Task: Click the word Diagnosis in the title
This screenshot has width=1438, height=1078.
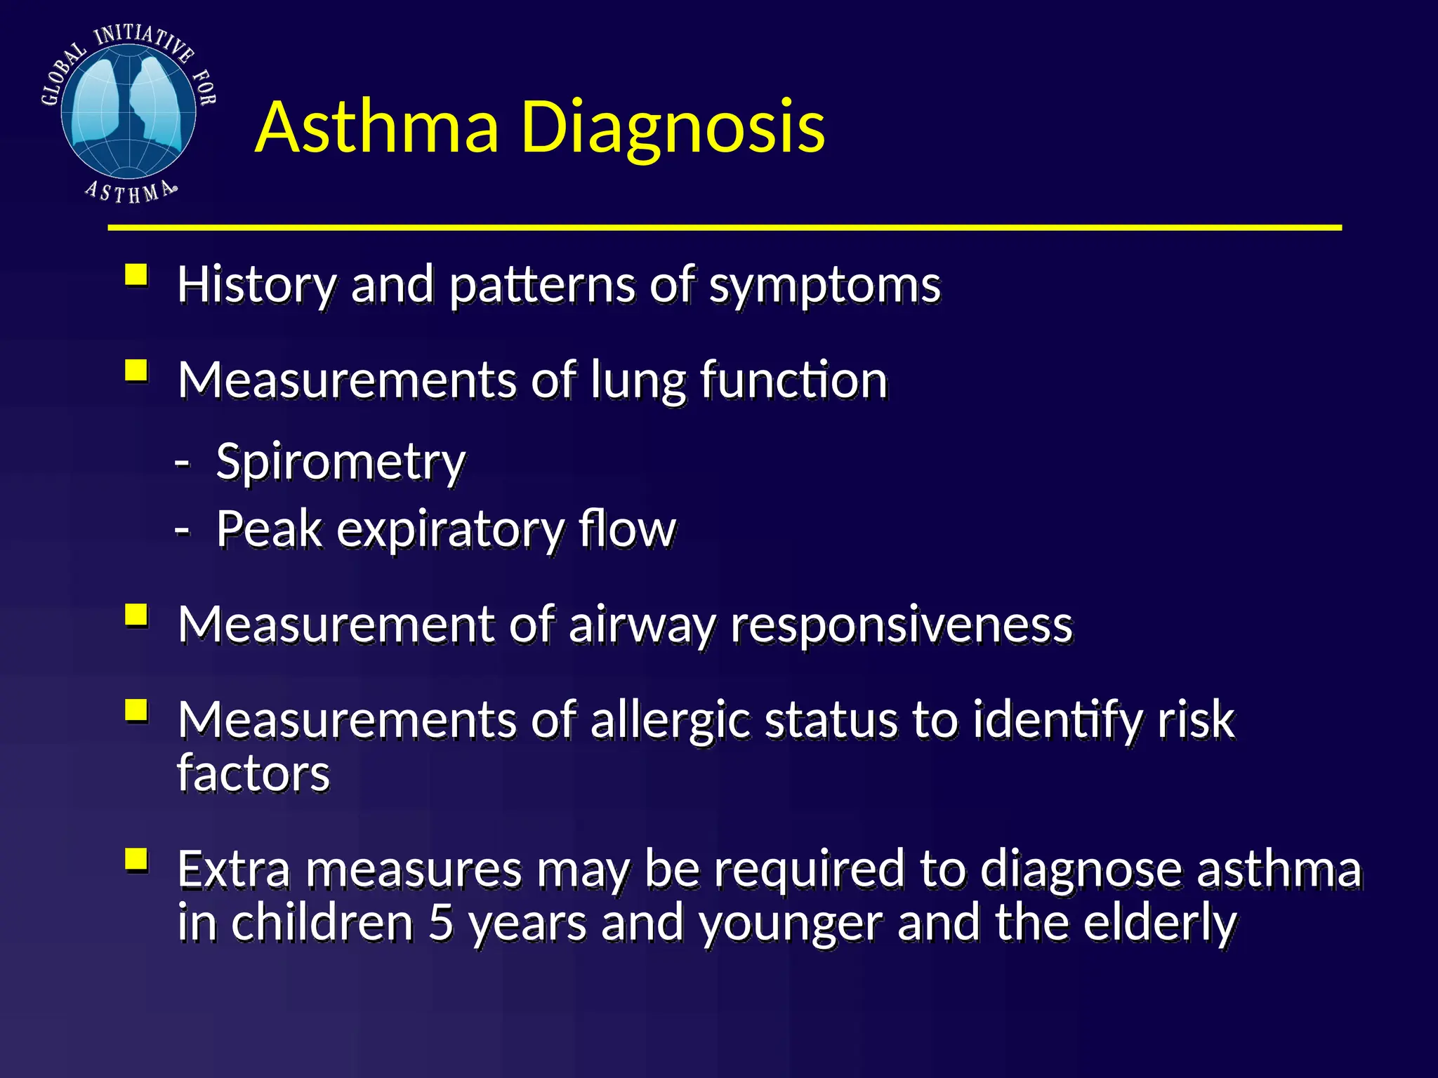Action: point(673,128)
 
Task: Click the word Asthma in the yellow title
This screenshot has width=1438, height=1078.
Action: point(377,128)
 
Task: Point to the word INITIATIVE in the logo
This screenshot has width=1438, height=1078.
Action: point(143,41)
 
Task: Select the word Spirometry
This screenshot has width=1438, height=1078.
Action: point(341,463)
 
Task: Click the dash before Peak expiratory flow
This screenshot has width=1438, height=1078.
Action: point(182,530)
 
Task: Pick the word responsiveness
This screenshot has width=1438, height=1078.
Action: point(902,624)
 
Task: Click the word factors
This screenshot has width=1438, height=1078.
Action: point(253,773)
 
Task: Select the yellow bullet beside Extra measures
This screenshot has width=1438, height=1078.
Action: point(136,859)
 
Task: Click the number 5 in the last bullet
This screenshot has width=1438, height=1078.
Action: point(440,922)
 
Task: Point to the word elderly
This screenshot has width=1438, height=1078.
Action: point(1159,922)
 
